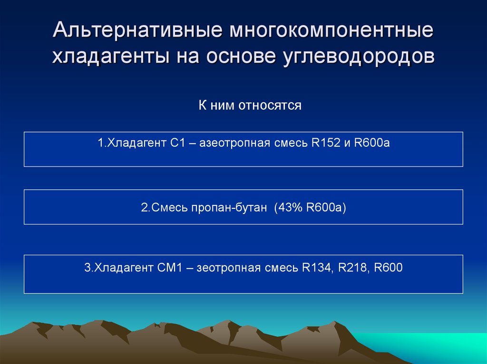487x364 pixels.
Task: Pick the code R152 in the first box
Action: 324,142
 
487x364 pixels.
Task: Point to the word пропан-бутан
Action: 228,208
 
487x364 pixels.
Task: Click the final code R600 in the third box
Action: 389,268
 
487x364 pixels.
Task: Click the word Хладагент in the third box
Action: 121,268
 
